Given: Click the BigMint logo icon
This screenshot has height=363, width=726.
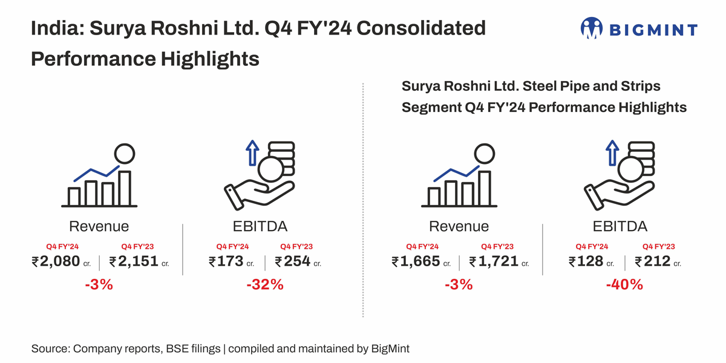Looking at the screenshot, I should click(592, 28).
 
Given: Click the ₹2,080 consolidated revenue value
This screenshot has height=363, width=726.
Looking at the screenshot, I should click(56, 261).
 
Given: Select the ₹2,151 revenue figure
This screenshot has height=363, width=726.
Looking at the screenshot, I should click(134, 261).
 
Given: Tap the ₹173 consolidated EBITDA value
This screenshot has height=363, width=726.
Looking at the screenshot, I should click(226, 261).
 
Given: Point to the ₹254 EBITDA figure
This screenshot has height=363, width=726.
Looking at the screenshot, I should click(293, 261).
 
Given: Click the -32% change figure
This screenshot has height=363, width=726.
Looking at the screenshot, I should click(264, 284).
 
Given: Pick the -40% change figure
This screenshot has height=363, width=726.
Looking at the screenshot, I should click(624, 284).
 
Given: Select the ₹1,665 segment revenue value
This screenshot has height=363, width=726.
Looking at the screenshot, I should click(416, 261).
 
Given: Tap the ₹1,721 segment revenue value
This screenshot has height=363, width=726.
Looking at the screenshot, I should click(494, 261).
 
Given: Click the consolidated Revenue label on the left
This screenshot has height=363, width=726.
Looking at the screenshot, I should click(99, 227).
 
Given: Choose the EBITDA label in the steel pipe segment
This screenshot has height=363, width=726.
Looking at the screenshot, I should click(620, 227).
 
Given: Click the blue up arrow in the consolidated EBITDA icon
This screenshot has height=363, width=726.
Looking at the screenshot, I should click(252, 154).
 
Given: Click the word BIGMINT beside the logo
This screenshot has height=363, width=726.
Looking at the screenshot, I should click(653, 29).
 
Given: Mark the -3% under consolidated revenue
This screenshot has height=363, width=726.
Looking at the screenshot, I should click(99, 284).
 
